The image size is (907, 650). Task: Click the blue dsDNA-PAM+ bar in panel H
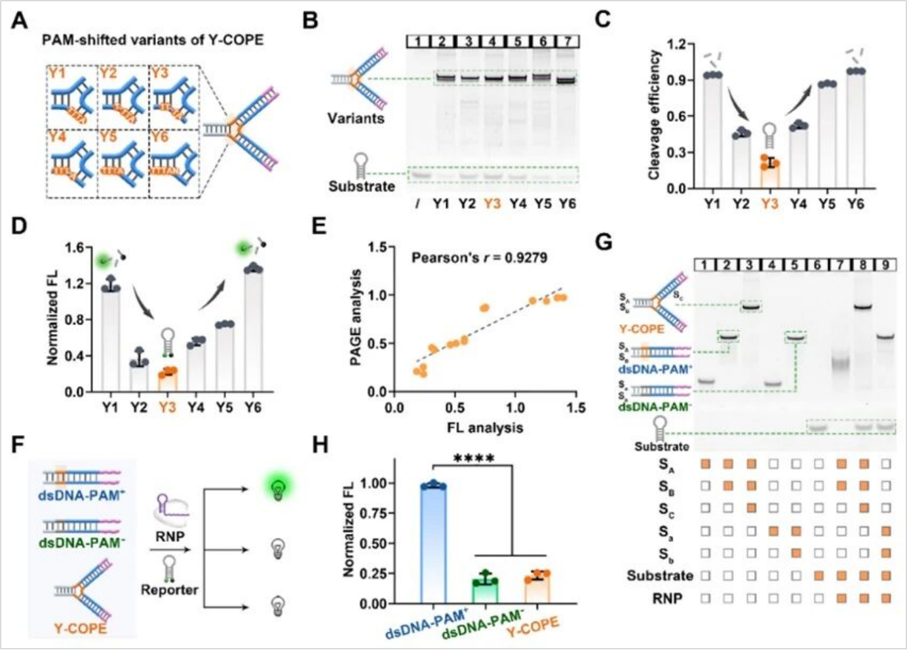[x=433, y=543]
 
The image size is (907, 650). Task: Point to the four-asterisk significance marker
[x=474, y=458]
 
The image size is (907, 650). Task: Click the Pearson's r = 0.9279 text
[x=479, y=258]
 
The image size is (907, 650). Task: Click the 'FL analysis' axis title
[x=485, y=428]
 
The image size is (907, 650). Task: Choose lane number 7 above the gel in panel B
[x=567, y=41]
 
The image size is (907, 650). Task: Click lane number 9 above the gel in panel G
[x=885, y=265]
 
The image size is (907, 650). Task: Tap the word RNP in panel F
[x=170, y=537]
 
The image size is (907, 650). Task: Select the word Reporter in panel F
[x=169, y=590]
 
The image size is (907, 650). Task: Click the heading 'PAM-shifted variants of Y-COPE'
[x=153, y=40]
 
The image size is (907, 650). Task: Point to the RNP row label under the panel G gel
[x=667, y=598]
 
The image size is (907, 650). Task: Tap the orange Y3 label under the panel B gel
[x=492, y=203]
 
